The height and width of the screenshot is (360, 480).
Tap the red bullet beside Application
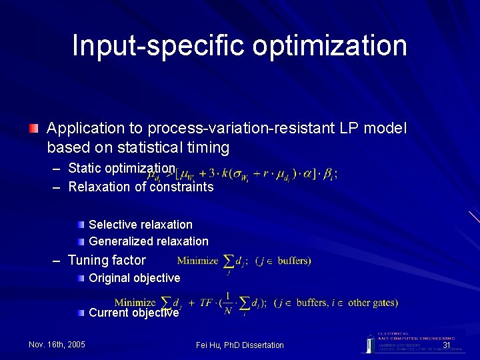[x=34, y=127]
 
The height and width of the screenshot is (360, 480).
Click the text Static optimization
[x=121, y=168]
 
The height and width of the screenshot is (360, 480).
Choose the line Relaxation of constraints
[x=141, y=187]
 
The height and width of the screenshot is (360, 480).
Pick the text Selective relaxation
[x=140, y=225]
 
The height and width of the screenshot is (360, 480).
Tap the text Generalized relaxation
[x=148, y=241]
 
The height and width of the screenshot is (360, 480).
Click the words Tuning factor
[x=107, y=260]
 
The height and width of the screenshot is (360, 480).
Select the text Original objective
[x=134, y=277]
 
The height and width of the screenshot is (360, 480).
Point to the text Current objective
[x=133, y=313]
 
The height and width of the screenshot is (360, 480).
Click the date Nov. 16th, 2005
[x=57, y=345]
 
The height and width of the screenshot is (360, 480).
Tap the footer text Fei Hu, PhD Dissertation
[x=240, y=345]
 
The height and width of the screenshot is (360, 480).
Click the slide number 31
[x=447, y=345]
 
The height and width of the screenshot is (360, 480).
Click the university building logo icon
[x=369, y=343]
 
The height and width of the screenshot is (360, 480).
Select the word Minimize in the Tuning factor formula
[x=197, y=261]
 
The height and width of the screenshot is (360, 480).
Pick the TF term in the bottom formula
[x=207, y=303]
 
